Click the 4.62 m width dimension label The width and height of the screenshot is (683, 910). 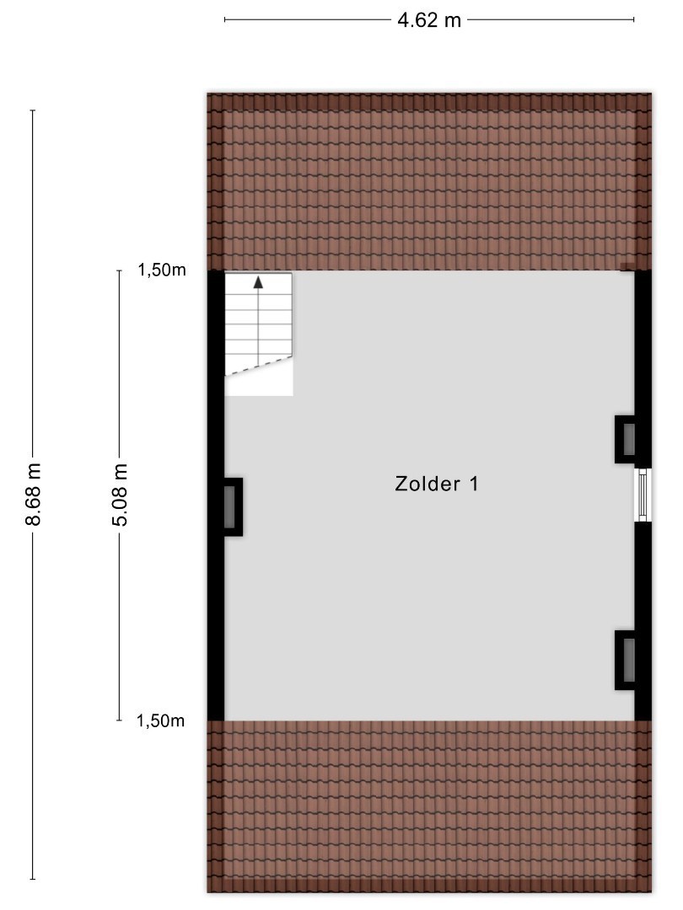tap(428, 20)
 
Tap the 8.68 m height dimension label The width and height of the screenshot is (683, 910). tap(33, 494)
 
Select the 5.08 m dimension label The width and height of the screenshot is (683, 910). tap(119, 495)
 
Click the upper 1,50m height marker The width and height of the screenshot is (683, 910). tap(161, 270)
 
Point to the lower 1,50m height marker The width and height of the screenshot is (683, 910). tap(160, 720)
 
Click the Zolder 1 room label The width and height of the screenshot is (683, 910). tap(437, 484)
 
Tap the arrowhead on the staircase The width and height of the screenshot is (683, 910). tap(259, 282)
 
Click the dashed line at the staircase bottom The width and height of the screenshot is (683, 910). tap(259, 367)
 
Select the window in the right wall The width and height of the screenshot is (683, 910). tap(643, 495)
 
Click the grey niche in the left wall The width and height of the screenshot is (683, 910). tap(229, 506)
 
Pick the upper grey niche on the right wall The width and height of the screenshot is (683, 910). tap(628, 439)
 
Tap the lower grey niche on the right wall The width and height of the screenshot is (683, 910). tap(628, 661)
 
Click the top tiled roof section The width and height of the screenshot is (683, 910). tap(429, 182)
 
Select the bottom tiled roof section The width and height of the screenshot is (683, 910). tap(429, 806)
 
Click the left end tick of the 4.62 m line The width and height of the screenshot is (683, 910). tap(225, 19)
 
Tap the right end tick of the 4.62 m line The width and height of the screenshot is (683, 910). tap(633, 19)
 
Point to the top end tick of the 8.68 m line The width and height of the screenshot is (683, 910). tap(33, 110)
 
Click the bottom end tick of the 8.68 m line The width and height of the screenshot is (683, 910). tap(33, 879)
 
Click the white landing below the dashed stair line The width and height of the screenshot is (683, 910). tap(259, 383)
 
